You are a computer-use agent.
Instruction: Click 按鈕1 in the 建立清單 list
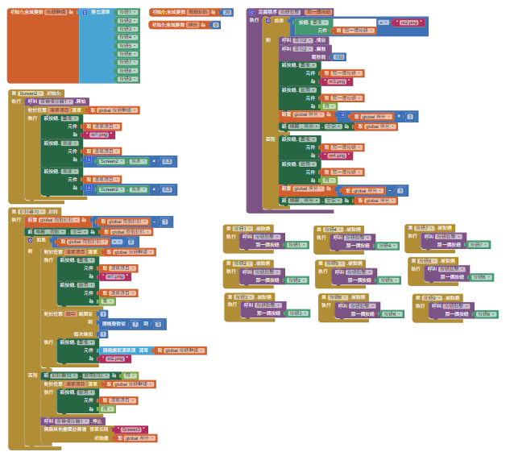point(126,14)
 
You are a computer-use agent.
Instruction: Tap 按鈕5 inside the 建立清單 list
point(126,46)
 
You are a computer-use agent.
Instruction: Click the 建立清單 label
point(100,14)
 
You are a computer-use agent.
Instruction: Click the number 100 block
point(338,57)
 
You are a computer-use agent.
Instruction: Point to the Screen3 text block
point(131,429)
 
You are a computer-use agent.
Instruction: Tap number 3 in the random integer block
point(159,323)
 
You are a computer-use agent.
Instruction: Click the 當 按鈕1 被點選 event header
point(242,229)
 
